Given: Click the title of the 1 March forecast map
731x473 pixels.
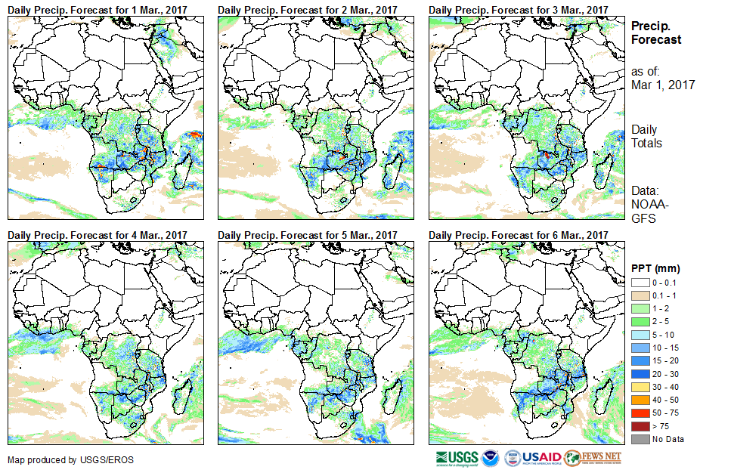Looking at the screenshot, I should pos(98,9).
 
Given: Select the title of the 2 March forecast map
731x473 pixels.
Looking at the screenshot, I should pos(308,9).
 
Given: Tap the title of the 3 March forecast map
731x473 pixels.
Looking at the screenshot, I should pos(519,9).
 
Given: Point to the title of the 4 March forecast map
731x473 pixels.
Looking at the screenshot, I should pos(98,235).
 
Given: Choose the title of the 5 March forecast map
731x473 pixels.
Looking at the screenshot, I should pos(308,235).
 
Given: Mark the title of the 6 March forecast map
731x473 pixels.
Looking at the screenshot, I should pos(519,235).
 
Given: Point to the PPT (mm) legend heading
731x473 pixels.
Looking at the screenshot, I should pos(655,268).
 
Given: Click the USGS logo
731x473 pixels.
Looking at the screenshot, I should pos(457,457).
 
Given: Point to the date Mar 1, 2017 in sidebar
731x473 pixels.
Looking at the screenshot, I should pos(663,85).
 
